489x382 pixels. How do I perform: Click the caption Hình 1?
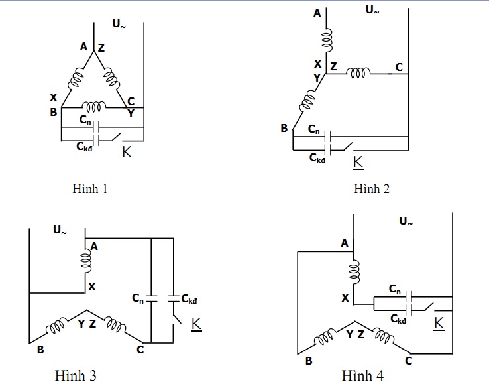coord(89,188)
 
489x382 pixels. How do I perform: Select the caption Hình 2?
coord(372,188)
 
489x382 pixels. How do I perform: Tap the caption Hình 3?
coord(78,376)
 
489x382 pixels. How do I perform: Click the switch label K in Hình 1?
coord(127,152)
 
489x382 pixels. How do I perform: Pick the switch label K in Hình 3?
coord(197,324)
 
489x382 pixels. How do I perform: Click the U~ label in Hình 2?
coord(372,10)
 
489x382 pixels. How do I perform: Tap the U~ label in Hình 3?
coord(60,230)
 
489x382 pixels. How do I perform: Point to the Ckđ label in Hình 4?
coord(398,320)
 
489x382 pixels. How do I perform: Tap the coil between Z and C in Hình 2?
coord(359,72)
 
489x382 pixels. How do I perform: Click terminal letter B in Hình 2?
coord(284,128)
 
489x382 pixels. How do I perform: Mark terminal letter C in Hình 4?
coord(408,361)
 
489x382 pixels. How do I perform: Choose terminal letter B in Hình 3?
coord(40,350)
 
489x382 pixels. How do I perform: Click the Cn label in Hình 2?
coord(314,129)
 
